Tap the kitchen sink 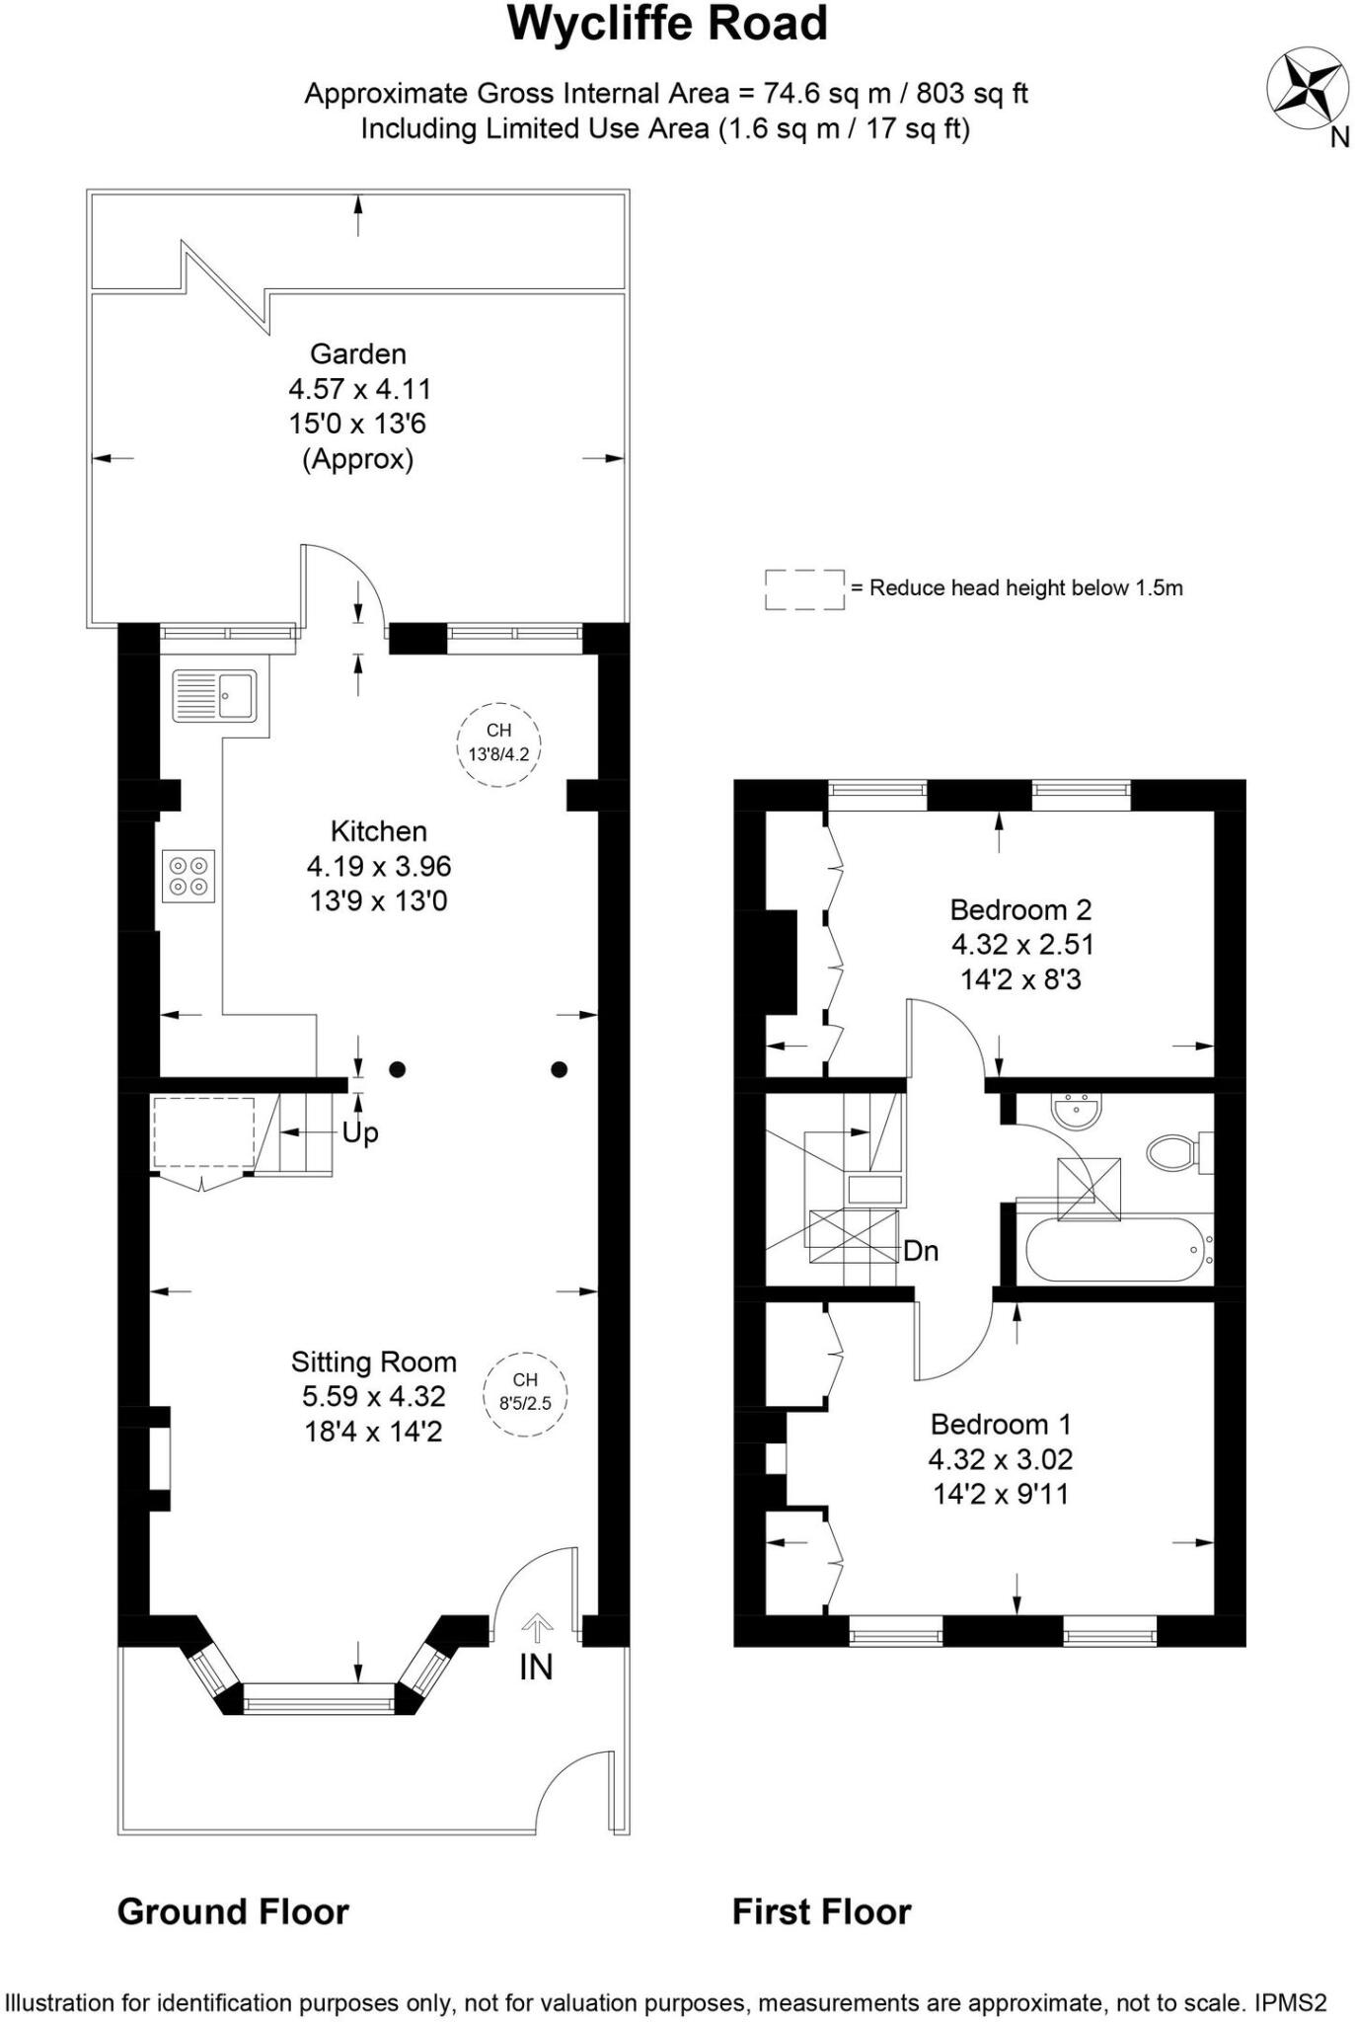(x=214, y=695)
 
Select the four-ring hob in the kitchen (x=188, y=876)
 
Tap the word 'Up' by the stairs (x=360, y=1132)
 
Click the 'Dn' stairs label (x=921, y=1251)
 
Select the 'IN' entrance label (x=536, y=1667)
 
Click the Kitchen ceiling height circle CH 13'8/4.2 (x=499, y=743)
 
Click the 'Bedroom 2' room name (x=1020, y=909)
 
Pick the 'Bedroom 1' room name (x=1001, y=1424)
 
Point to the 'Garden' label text (x=358, y=353)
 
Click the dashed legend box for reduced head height (x=804, y=589)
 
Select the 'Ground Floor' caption (x=233, y=1912)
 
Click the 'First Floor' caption (x=821, y=1912)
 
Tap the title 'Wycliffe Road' (x=667, y=24)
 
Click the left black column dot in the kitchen (x=397, y=1068)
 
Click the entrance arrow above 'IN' (x=537, y=1627)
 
